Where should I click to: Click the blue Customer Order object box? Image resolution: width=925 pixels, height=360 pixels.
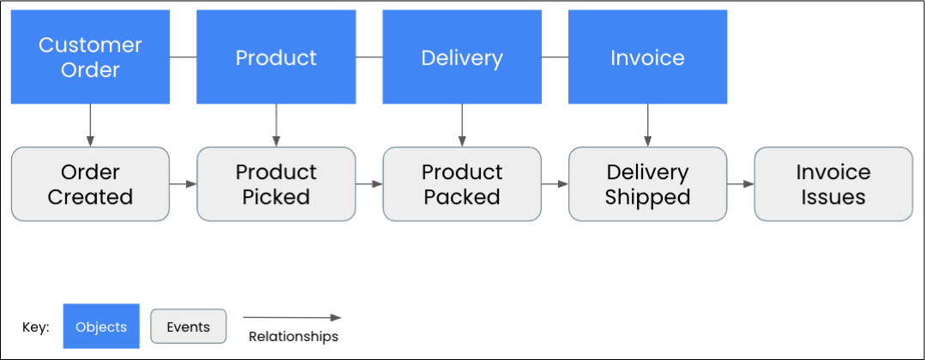(x=90, y=57)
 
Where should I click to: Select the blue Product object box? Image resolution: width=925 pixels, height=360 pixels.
(x=276, y=57)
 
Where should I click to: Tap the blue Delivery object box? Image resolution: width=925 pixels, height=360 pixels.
(x=462, y=57)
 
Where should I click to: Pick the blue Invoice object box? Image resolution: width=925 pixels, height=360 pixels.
(x=647, y=57)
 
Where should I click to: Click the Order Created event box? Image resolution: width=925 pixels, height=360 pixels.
(x=90, y=184)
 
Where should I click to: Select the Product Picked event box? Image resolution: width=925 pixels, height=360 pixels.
(x=276, y=184)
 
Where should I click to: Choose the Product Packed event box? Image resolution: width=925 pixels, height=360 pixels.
(x=462, y=184)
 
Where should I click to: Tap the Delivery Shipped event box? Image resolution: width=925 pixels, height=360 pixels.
(x=647, y=184)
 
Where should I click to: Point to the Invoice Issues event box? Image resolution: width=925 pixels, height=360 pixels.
(x=833, y=184)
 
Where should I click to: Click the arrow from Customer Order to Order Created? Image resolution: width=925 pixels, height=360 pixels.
(x=90, y=125)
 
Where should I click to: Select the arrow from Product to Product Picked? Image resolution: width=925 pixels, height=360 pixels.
(x=276, y=125)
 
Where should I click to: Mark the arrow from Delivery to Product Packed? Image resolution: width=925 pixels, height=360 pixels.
(x=462, y=125)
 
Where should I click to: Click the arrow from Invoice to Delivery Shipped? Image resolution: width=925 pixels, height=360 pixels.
(x=647, y=125)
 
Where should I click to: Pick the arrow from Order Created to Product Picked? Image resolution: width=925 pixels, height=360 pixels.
(x=183, y=183)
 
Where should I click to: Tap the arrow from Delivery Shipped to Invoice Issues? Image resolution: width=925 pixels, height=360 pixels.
(x=740, y=183)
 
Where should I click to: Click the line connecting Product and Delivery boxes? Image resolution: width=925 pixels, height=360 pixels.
(x=369, y=57)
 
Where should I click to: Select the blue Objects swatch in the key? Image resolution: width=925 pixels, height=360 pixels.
(x=101, y=327)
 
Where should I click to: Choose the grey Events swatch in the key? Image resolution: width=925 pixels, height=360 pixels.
(x=188, y=326)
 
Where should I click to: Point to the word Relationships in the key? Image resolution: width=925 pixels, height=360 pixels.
(x=293, y=337)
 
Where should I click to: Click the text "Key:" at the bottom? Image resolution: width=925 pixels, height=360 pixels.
(x=36, y=327)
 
